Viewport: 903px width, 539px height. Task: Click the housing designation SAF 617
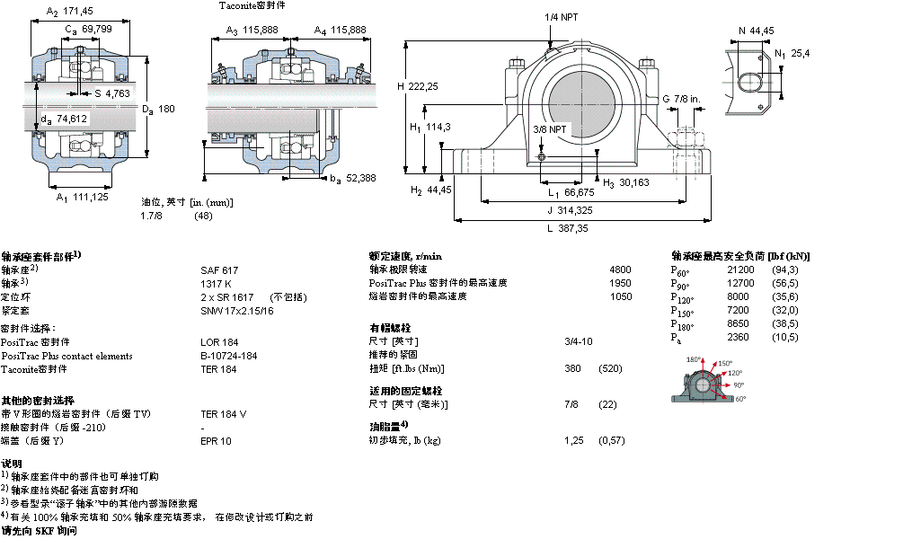click(x=218, y=269)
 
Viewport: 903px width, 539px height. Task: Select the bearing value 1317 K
click(x=216, y=283)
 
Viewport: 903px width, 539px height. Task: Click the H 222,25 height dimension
click(x=418, y=86)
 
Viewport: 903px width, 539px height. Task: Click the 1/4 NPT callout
click(x=560, y=17)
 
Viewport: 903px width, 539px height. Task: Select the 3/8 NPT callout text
click(x=550, y=129)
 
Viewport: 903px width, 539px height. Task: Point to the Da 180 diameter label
click(x=157, y=109)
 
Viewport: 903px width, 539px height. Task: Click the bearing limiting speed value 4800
click(x=621, y=269)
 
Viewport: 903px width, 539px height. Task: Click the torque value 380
click(x=571, y=368)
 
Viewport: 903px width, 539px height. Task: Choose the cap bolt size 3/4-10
click(x=579, y=341)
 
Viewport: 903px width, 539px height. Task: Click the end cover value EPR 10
click(x=216, y=441)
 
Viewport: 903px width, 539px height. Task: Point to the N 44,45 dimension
click(x=756, y=31)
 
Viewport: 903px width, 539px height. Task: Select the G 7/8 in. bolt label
click(x=681, y=98)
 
